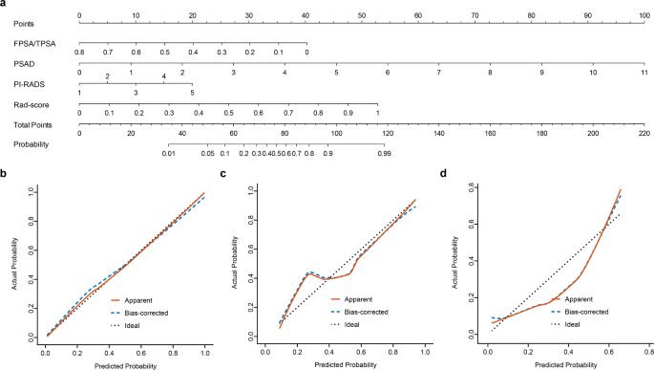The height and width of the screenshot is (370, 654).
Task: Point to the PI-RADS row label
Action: [18, 83]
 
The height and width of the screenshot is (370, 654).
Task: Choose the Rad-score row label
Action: [21, 103]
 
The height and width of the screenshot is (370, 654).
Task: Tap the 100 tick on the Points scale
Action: [644, 15]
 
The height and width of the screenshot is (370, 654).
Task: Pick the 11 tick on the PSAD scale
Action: [644, 73]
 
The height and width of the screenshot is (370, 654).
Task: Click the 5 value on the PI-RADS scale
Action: [192, 92]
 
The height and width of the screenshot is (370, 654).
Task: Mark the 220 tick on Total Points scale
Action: [644, 134]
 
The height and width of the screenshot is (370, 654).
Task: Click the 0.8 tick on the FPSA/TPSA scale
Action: [80, 51]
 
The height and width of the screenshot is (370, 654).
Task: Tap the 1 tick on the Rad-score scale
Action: [378, 113]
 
